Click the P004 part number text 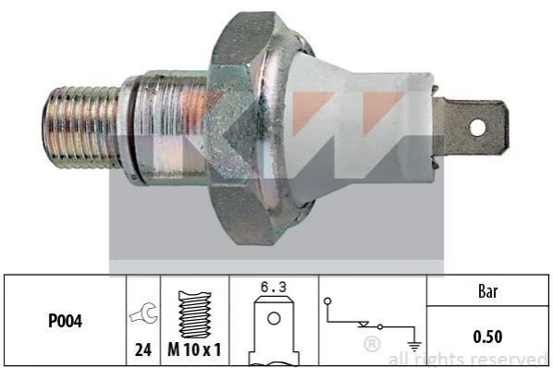click(x=66, y=321)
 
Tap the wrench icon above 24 click(x=143, y=313)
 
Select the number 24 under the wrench click(x=143, y=350)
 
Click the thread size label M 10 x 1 click(x=194, y=350)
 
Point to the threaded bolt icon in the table click(x=194, y=314)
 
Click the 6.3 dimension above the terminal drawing click(x=274, y=287)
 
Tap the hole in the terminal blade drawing click(x=274, y=319)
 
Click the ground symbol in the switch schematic click(x=414, y=346)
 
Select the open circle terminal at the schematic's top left click(x=327, y=301)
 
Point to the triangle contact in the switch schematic click(x=363, y=325)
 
